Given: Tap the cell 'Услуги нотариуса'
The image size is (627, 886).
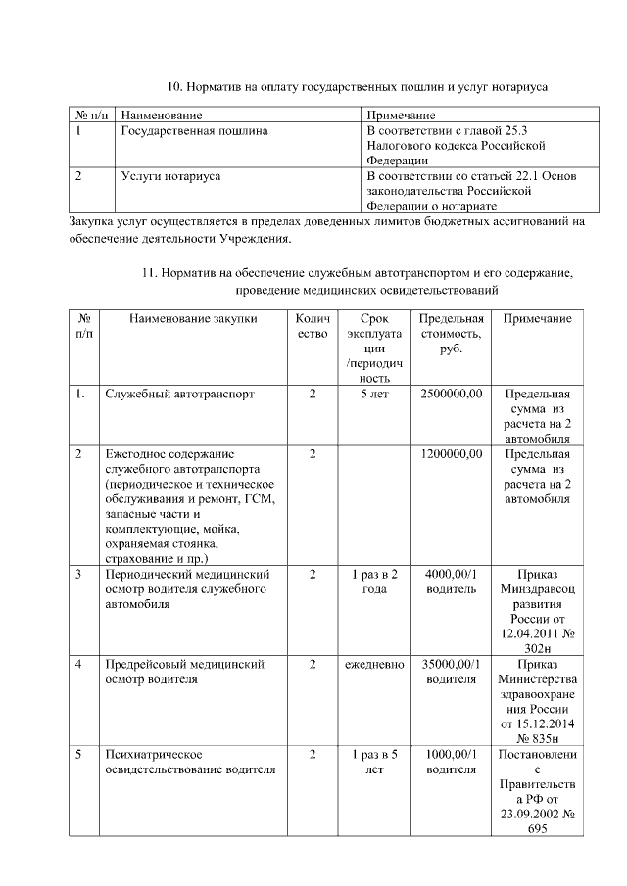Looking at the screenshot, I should (x=170, y=176).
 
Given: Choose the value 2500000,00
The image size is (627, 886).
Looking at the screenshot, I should (x=452, y=394).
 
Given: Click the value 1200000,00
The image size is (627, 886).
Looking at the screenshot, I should (x=452, y=454).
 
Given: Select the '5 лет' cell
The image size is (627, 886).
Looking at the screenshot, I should (x=374, y=394).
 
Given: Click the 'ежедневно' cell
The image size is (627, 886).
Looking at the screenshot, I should (x=374, y=664).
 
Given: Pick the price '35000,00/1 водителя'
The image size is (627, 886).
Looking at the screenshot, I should (x=452, y=671).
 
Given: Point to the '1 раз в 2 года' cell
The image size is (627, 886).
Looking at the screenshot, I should (x=374, y=581).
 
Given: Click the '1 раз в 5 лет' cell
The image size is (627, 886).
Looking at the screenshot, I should (x=374, y=762).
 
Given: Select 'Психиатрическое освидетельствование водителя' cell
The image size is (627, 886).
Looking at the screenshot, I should (x=190, y=762).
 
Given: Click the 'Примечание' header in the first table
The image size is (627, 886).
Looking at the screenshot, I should (x=400, y=116).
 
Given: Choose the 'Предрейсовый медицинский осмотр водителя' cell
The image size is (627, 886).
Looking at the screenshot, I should (x=185, y=671).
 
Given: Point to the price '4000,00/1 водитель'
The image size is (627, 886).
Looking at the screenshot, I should (x=452, y=581).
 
